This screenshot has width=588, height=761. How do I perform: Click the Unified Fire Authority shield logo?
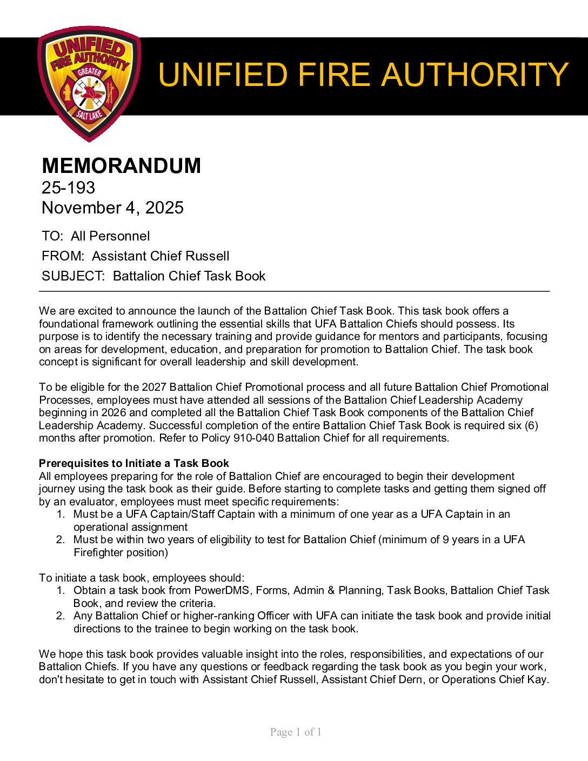pyautogui.click(x=89, y=84)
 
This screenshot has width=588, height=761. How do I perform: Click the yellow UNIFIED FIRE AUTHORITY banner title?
pyautogui.click(x=363, y=75)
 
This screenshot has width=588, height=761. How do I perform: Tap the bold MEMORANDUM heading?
pyautogui.click(x=121, y=165)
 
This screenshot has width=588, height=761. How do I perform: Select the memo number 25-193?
pyautogui.click(x=68, y=188)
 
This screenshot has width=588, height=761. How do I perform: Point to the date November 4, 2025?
pyautogui.click(x=112, y=208)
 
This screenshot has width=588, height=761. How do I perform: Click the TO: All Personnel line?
pyautogui.click(x=96, y=236)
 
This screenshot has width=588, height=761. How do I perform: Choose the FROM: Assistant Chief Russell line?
pyautogui.click(x=135, y=256)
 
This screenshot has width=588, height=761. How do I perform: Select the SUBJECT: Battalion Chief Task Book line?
pyautogui.click(x=153, y=276)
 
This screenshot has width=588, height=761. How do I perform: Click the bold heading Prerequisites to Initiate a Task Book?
pyautogui.click(x=133, y=463)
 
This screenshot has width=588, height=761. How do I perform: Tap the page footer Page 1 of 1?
pyautogui.click(x=296, y=732)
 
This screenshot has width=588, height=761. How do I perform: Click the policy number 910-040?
pyautogui.click(x=253, y=438)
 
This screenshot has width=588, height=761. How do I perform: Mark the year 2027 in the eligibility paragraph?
pyautogui.click(x=154, y=387)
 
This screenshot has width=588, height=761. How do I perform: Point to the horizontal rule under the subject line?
pyautogui.click(x=294, y=291)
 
